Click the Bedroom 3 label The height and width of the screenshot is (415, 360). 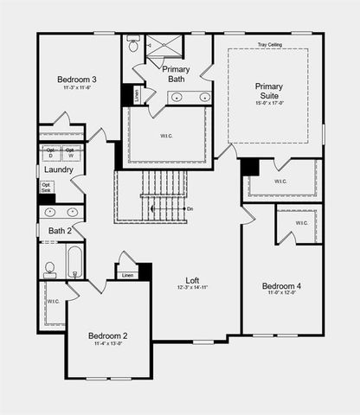(x=78, y=80)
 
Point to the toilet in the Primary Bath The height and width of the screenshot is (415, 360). (x=132, y=48)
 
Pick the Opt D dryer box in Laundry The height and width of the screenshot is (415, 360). (x=51, y=153)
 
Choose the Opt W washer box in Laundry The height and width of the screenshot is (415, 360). (x=72, y=153)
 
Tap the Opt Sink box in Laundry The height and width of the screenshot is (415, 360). (x=47, y=188)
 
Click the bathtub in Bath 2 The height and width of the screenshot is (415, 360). (x=75, y=261)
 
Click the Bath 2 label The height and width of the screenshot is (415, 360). (x=60, y=231)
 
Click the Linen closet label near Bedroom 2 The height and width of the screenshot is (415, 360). (x=127, y=276)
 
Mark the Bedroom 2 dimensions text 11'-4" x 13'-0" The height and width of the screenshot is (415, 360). (x=109, y=344)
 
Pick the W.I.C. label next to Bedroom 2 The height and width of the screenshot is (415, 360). (x=53, y=301)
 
